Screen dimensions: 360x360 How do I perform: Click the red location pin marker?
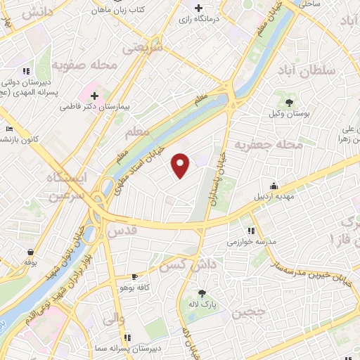[x=181, y=165]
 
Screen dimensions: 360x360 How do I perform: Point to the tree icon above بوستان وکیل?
[x=289, y=103]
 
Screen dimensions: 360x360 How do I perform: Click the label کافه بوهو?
[x=117, y=287]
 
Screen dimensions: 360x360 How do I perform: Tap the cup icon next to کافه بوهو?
[x=135, y=278]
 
